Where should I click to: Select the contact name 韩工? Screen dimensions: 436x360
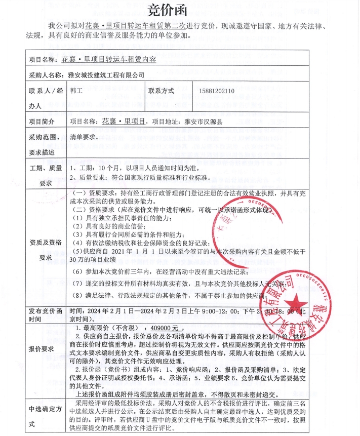pos(75,91)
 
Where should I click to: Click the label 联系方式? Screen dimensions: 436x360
pos(161,91)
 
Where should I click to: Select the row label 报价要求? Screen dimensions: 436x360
pos(42,349)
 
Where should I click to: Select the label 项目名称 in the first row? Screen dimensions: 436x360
pos(43,59)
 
